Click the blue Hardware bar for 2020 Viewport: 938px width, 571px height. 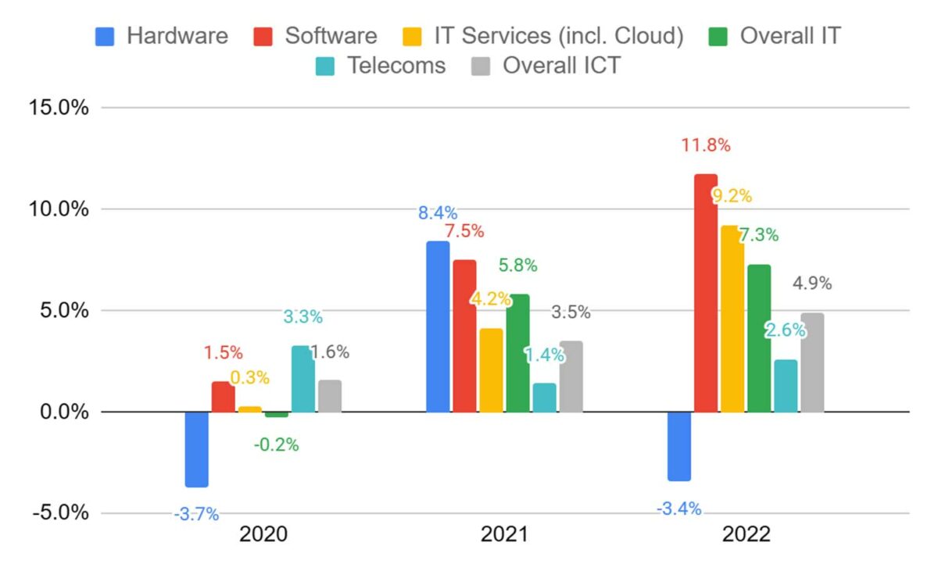[x=196, y=449]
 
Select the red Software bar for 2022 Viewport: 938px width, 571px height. [x=705, y=293]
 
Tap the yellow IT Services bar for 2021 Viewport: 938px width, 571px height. [x=491, y=370]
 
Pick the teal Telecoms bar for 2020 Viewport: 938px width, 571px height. [x=303, y=379]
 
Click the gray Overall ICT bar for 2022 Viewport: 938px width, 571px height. [x=812, y=362]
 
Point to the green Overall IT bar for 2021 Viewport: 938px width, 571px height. [x=517, y=353]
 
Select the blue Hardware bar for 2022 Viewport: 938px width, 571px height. [x=678, y=446]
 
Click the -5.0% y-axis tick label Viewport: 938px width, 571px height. [x=59, y=513]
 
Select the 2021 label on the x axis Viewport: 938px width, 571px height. [x=503, y=535]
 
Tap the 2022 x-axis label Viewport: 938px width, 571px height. [x=746, y=535]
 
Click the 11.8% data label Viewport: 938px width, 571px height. [x=706, y=145]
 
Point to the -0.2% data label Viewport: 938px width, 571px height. [x=276, y=445]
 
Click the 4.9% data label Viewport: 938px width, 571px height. [x=812, y=284]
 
